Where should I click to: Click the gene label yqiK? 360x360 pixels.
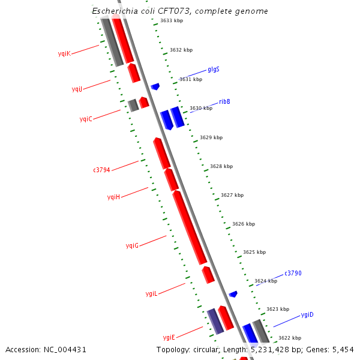click(x=64, y=53)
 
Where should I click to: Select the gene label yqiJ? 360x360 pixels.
click(x=77, y=89)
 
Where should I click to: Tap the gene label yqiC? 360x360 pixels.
click(x=86, y=119)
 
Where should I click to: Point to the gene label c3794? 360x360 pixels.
click(x=101, y=170)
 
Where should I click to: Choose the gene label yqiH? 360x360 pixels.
click(x=114, y=197)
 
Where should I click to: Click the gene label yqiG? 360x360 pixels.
click(x=132, y=245)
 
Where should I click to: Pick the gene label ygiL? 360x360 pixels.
click(x=151, y=293)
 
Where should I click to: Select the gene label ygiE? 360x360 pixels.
click(x=169, y=337)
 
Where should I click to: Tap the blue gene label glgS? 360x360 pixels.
click(x=214, y=69)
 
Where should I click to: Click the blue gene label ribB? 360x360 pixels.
click(x=224, y=101)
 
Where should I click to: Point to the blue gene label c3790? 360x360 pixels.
click(x=293, y=273)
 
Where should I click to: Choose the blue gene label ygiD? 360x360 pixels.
click(x=307, y=314)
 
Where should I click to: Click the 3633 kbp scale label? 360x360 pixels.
click(x=172, y=21)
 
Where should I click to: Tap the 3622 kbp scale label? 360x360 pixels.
click(x=290, y=338)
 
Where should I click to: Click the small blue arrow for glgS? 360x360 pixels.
click(x=155, y=86)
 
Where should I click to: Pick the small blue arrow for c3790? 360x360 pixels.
click(x=233, y=294)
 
